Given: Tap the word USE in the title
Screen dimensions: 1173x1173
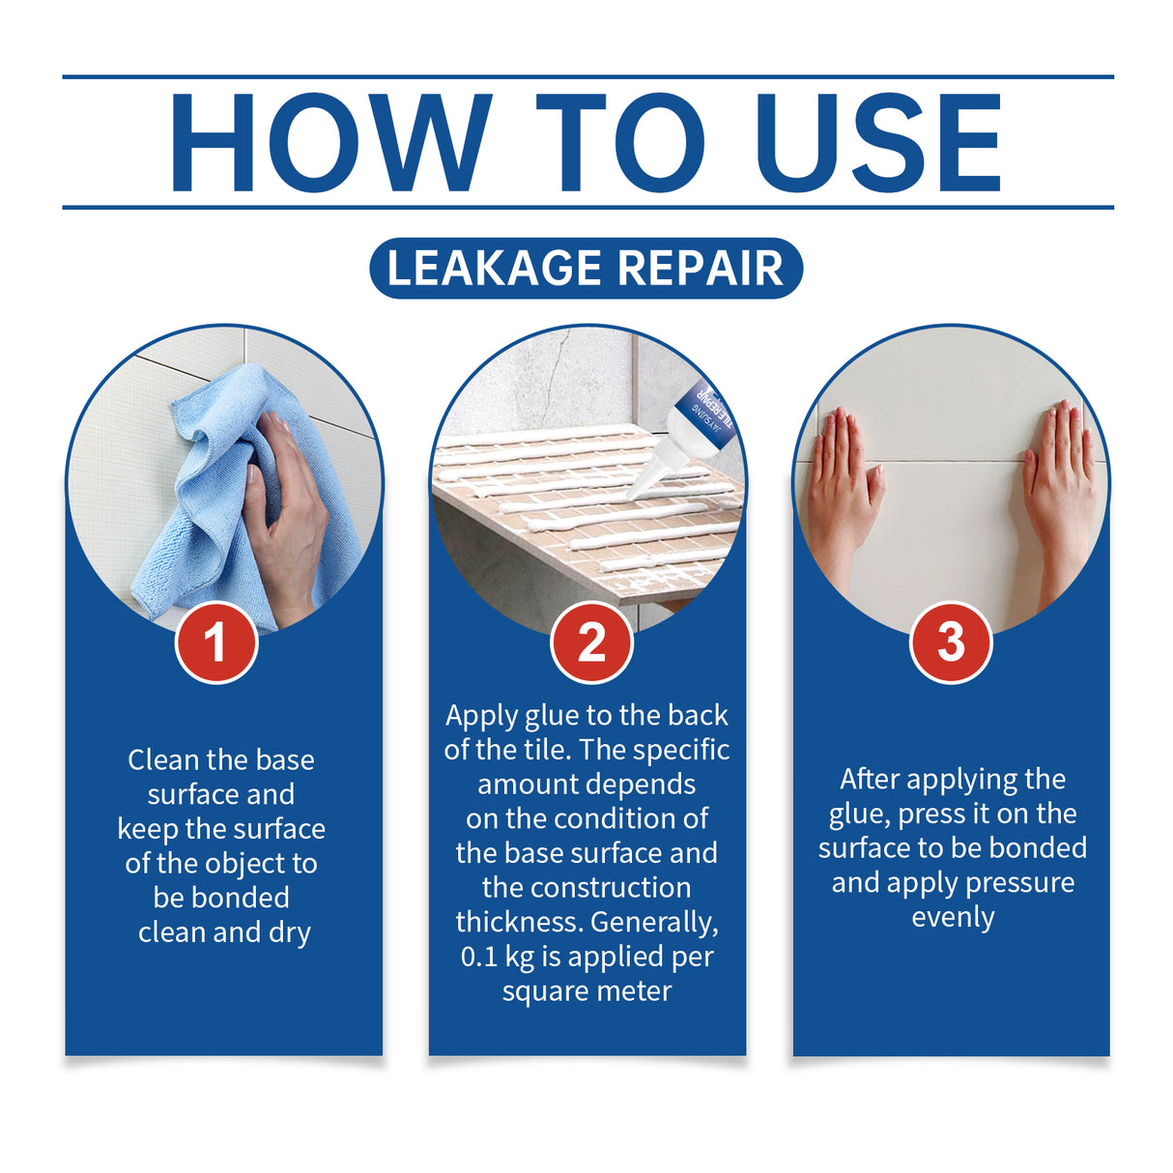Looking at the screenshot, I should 878,143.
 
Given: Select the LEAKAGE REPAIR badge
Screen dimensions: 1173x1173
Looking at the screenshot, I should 586,268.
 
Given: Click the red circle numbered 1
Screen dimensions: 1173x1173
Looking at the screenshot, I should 216,643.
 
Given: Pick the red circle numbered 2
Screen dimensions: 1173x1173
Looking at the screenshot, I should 591,643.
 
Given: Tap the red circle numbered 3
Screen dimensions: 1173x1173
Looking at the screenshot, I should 951,643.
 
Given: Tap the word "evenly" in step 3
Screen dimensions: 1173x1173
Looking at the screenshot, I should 953,917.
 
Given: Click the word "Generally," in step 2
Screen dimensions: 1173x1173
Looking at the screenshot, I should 654,922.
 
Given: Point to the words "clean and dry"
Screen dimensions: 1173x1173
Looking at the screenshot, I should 224,932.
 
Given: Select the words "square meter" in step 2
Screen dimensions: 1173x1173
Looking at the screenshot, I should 586,991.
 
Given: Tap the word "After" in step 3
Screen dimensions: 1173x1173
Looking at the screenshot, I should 870,779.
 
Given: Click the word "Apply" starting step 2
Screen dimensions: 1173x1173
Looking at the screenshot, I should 481,716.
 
